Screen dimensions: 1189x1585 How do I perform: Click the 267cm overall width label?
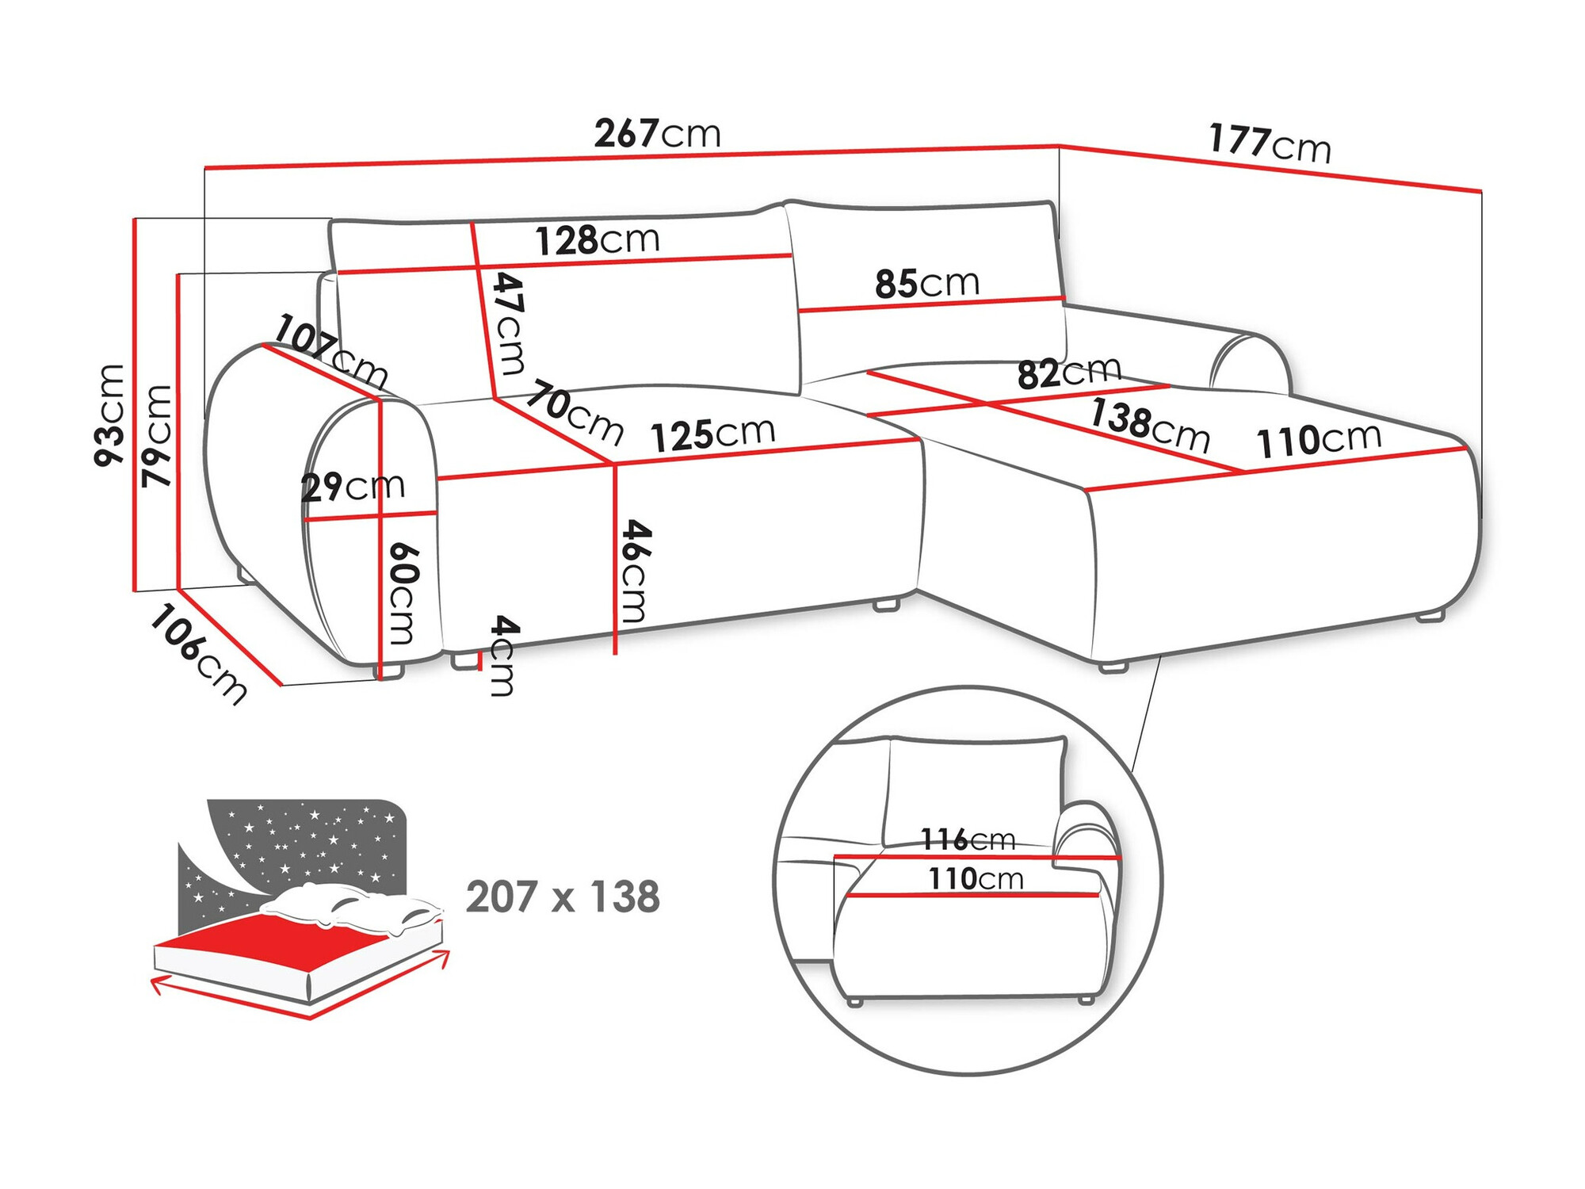(657, 133)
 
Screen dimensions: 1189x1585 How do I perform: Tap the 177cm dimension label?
(1270, 143)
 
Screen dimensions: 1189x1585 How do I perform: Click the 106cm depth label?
(199, 653)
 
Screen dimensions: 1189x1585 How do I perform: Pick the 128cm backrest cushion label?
(597, 239)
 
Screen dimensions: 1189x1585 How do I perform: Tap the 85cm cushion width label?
(926, 283)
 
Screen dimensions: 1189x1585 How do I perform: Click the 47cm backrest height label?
(508, 323)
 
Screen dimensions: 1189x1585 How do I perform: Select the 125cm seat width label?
(712, 434)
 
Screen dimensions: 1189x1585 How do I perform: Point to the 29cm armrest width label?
(353, 486)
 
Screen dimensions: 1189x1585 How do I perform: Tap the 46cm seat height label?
(635, 570)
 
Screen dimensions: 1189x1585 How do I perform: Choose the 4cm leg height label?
(503, 655)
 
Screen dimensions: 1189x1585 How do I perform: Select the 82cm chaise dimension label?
(1068, 373)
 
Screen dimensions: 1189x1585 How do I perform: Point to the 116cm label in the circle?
(967, 839)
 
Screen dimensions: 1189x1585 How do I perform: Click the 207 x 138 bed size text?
(563, 897)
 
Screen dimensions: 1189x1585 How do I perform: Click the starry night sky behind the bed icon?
(317, 840)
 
